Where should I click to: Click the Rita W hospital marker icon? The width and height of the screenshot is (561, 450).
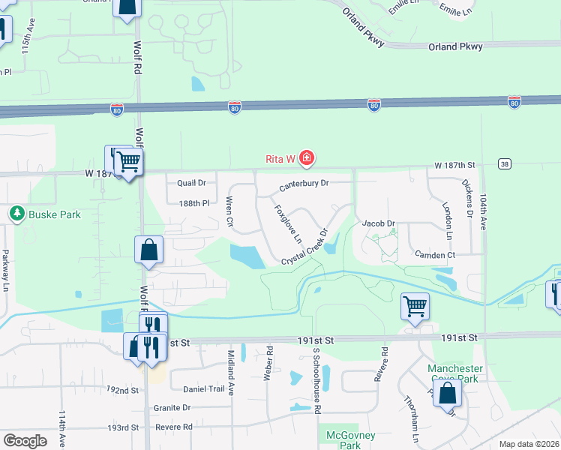pos(306,158)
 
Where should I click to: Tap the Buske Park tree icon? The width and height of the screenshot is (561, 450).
pos(17,214)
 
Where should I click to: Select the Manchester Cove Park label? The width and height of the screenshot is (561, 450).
pos(454,373)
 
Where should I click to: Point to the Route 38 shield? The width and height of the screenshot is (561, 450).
pos(504,163)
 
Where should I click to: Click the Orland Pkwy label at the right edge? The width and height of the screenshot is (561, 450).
pos(455,46)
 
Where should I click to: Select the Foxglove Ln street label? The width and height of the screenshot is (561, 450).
pos(287,224)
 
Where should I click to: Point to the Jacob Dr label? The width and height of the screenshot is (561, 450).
pos(378,223)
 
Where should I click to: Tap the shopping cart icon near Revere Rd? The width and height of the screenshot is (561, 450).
pos(415,306)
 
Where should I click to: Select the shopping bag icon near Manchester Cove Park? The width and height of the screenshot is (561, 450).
pos(448,392)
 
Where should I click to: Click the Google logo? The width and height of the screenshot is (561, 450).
pos(25,441)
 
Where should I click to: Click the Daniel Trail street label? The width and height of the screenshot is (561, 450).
pos(203,389)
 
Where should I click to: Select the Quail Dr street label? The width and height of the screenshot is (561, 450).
pos(191,183)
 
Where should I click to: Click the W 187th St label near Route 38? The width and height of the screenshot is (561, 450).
pos(454,164)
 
